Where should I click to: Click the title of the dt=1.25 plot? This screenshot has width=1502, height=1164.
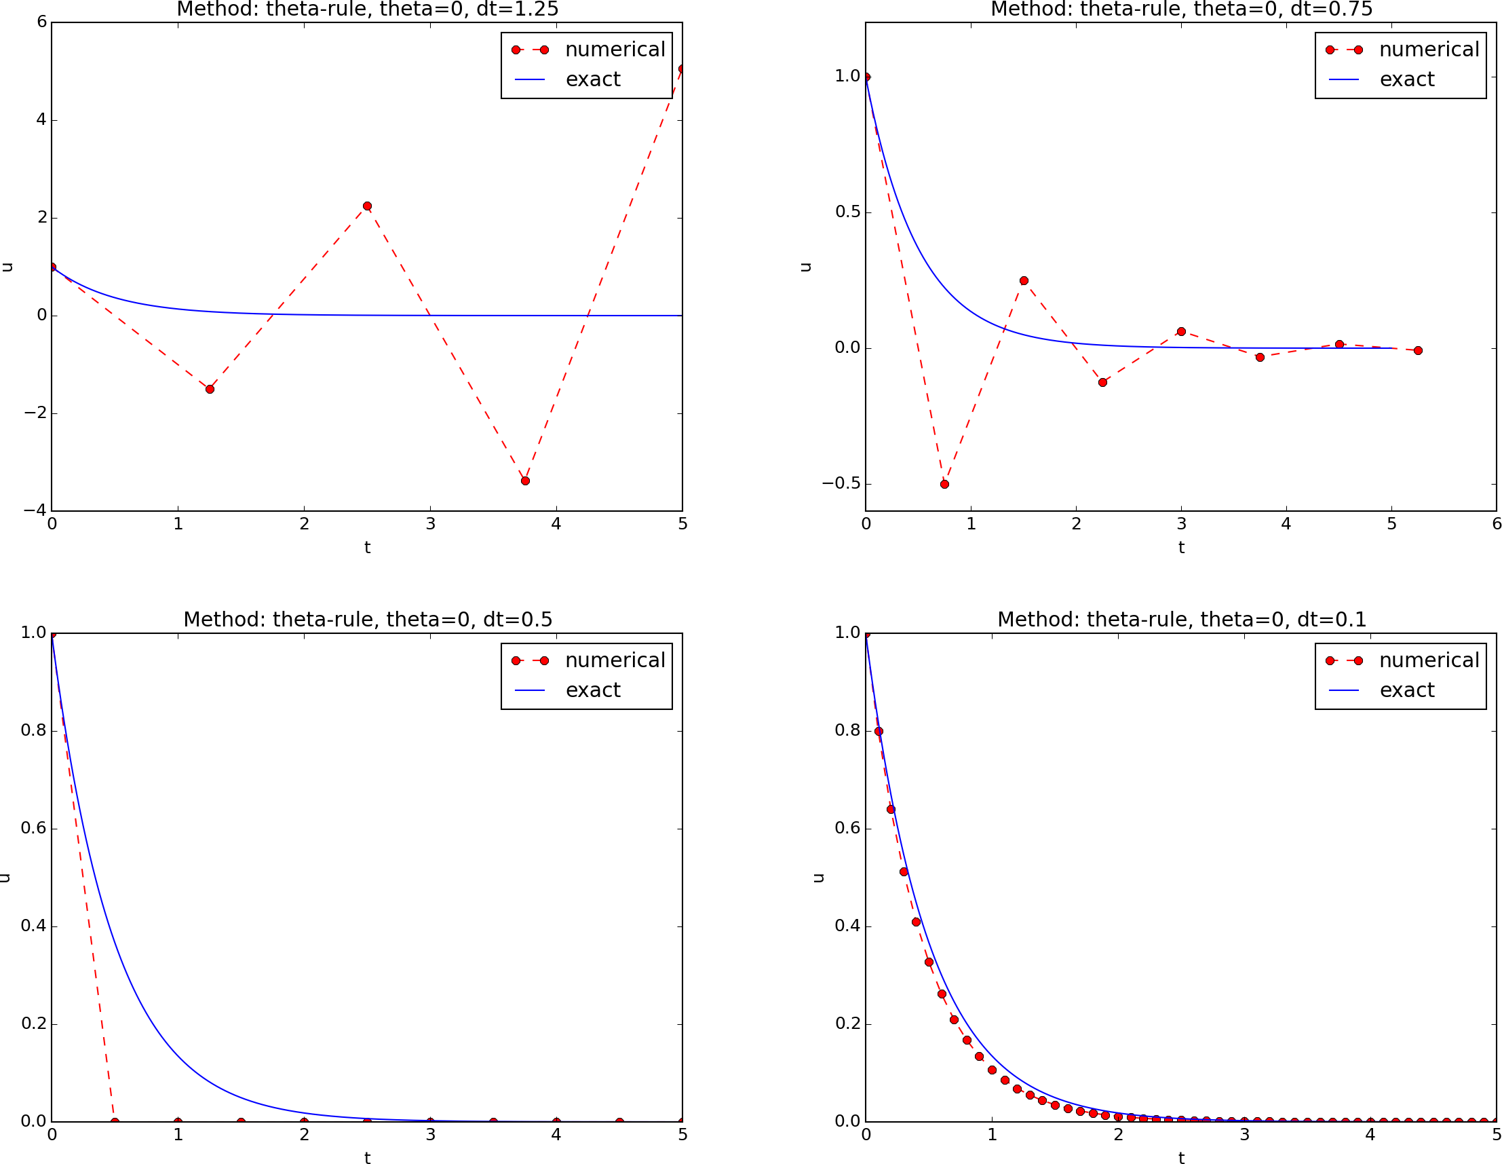click(367, 10)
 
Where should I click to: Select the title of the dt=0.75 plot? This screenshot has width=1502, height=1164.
click(1181, 10)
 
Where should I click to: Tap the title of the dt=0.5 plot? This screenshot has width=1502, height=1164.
click(367, 620)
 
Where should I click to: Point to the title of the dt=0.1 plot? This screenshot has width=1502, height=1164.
click(1181, 620)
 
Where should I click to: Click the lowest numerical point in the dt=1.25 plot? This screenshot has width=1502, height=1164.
click(524, 481)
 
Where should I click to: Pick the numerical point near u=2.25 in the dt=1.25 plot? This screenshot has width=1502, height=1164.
click(367, 206)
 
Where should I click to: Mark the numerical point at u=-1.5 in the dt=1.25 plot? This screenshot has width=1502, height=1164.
click(210, 390)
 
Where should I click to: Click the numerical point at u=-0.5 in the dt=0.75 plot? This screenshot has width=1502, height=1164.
click(944, 485)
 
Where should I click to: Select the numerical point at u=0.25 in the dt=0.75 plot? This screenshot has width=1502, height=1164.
click(1023, 281)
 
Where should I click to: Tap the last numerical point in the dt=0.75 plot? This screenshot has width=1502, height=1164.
click(1417, 351)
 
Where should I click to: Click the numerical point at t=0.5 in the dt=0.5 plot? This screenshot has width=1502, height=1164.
click(115, 1122)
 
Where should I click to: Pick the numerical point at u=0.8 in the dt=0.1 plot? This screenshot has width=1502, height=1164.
click(879, 731)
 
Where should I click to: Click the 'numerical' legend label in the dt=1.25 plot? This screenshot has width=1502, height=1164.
click(615, 50)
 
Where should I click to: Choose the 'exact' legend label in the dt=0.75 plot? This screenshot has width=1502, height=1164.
click(1406, 80)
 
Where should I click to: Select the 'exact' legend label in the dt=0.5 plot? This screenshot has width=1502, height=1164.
click(593, 690)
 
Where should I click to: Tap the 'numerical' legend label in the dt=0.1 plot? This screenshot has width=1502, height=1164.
click(1429, 660)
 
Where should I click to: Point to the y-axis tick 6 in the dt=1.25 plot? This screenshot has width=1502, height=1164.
click(42, 22)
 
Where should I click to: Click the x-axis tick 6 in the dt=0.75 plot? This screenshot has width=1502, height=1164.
click(1496, 524)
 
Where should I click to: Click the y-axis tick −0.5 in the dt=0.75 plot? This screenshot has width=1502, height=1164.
click(841, 484)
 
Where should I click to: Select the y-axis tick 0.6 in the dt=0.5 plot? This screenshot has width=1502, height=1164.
click(33, 828)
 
